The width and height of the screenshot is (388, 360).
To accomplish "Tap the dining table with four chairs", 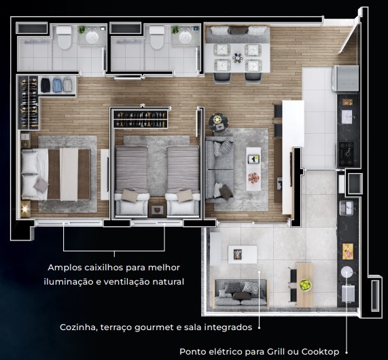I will pos(238,57).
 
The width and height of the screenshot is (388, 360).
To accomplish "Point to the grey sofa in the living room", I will pos(219,168).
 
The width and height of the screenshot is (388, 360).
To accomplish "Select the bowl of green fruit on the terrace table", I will pos(305,285).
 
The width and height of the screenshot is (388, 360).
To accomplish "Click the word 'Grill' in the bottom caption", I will pos(271,351).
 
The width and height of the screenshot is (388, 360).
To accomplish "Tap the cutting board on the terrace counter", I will pos(347,250).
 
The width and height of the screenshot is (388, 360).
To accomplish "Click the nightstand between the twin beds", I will pos(157,208).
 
